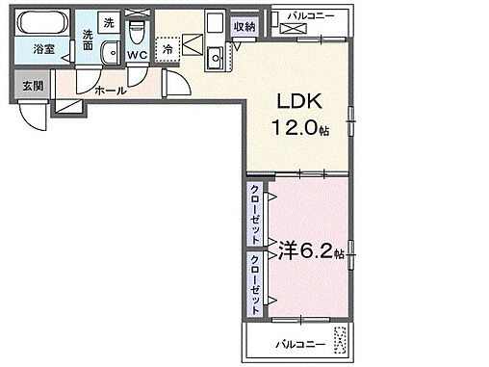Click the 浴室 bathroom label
coord(42,47)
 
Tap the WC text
coord(137,54)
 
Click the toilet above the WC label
coord(137,25)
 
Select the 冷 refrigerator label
coord(168,48)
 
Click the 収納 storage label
coord(244,26)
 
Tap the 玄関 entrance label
coord(32,86)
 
